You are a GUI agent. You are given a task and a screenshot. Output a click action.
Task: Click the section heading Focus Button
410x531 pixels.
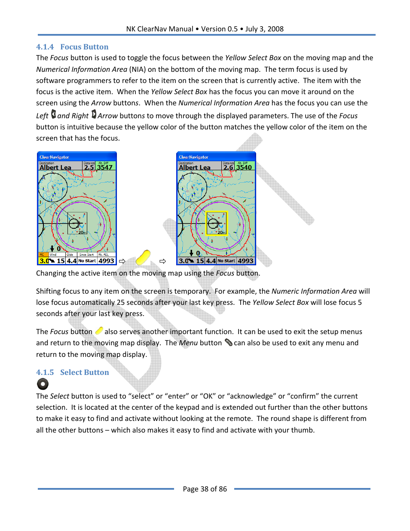[84, 47]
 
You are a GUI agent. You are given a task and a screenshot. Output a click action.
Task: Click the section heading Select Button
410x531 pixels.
[84, 372]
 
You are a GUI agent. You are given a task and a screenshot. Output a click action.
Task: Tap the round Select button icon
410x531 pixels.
[43, 384]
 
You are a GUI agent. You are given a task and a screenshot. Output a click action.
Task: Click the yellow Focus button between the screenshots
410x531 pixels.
[143, 258]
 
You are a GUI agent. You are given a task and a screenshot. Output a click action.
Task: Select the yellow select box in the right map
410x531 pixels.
[217, 223]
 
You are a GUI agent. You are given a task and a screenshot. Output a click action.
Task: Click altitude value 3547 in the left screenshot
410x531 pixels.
[104, 167]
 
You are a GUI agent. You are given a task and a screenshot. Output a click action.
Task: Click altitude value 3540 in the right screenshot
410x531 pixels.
[244, 167]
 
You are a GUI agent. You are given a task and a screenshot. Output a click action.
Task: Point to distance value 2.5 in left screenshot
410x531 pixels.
[89, 167]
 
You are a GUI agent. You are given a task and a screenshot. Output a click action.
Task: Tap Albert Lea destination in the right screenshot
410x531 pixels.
[195, 167]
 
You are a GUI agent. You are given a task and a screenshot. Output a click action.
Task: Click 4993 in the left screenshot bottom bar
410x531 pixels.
[106, 261]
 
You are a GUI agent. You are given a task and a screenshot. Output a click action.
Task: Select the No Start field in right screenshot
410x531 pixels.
[226, 261]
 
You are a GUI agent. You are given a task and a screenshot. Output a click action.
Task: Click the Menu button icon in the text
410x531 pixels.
[228, 342]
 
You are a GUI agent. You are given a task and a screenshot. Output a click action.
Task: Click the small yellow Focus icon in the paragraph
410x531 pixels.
[99, 331]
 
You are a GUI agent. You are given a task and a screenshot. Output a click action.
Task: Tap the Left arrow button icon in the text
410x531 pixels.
[53, 114]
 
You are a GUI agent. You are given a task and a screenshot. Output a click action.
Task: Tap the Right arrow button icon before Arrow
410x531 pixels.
[94, 114]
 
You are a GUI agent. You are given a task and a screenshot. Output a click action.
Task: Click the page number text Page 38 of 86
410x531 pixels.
[205, 489]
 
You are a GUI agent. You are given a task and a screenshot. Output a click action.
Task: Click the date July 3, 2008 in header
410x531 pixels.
[264, 29]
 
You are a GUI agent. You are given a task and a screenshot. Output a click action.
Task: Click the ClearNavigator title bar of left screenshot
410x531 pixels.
[76, 157]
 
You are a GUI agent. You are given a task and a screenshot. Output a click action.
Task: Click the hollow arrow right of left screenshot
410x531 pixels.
[122, 261]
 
